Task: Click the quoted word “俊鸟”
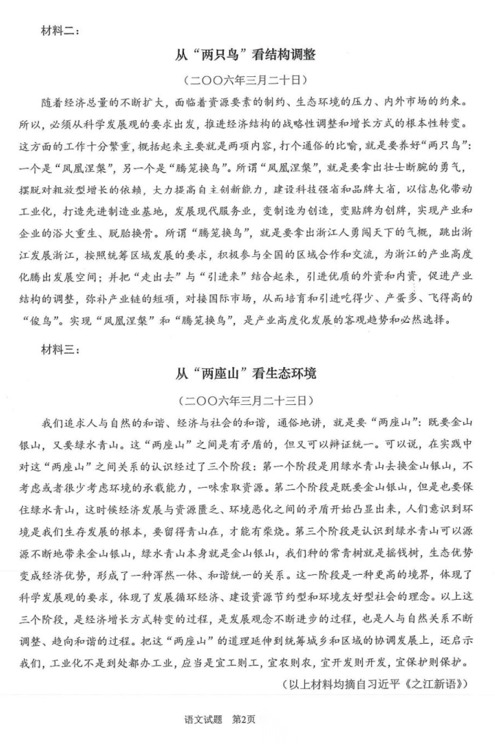(x=59, y=319)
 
